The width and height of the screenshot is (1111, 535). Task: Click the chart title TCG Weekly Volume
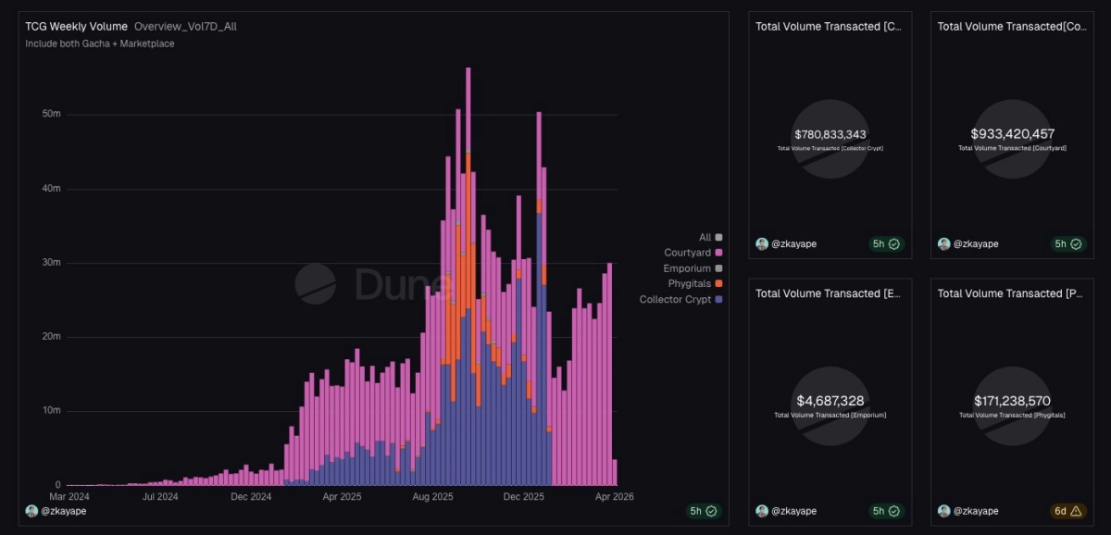76,27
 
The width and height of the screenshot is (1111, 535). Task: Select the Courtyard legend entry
687,253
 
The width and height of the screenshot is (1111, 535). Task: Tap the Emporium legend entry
687,268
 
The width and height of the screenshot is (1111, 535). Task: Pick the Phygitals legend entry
689,283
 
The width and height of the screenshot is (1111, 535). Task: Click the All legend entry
705,238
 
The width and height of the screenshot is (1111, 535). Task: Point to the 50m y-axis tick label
51,115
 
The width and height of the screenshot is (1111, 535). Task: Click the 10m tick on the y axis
51,411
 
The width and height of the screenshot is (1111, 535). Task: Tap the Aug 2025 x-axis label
432,497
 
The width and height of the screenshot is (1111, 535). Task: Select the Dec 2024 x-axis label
251,497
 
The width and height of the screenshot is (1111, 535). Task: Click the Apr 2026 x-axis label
614,497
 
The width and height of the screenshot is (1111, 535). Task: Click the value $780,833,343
830,134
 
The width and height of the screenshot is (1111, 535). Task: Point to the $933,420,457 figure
1012,134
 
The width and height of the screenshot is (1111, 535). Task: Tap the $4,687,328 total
830,401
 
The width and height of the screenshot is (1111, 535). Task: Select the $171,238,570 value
1012,401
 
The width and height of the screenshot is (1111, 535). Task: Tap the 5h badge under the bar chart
703,511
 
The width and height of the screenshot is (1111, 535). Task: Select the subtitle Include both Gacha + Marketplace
100,44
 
